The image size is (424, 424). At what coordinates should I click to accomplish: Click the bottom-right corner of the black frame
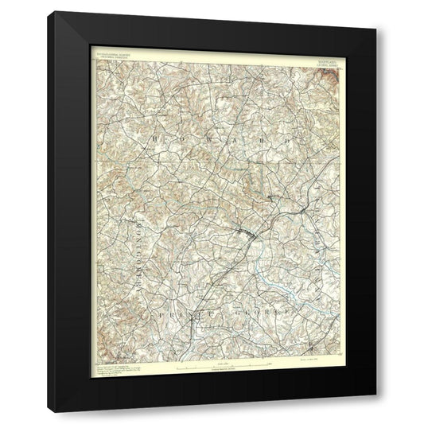point(376,412)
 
